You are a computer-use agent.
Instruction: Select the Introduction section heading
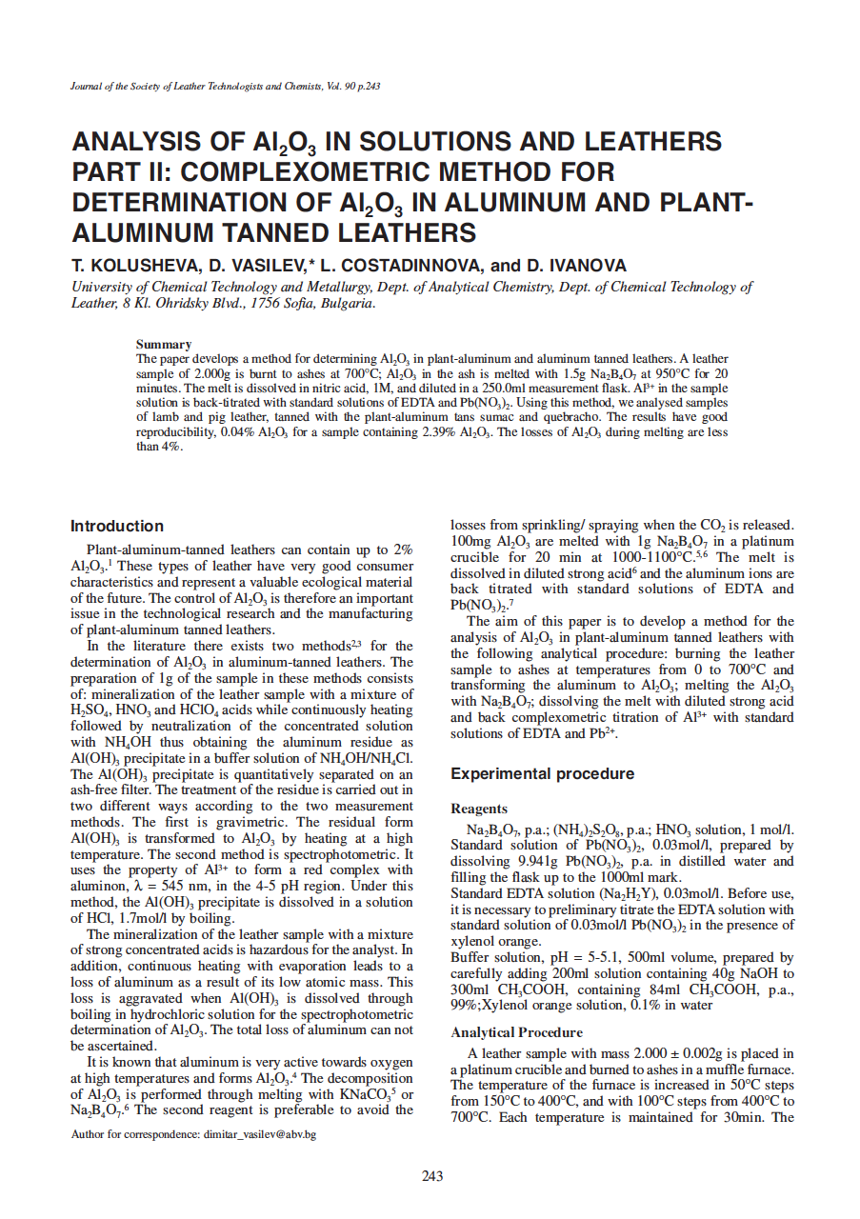pos(117,526)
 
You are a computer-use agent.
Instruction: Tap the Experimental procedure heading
pos(542,773)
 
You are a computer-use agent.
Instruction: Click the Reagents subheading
pos(479,809)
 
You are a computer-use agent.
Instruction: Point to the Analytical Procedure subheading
pos(516,1032)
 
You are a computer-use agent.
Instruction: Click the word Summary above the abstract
pos(164,344)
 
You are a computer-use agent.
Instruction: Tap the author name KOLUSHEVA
pos(135,266)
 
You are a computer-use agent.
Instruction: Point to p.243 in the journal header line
pos(367,87)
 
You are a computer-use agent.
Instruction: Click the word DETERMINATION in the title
pos(181,203)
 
